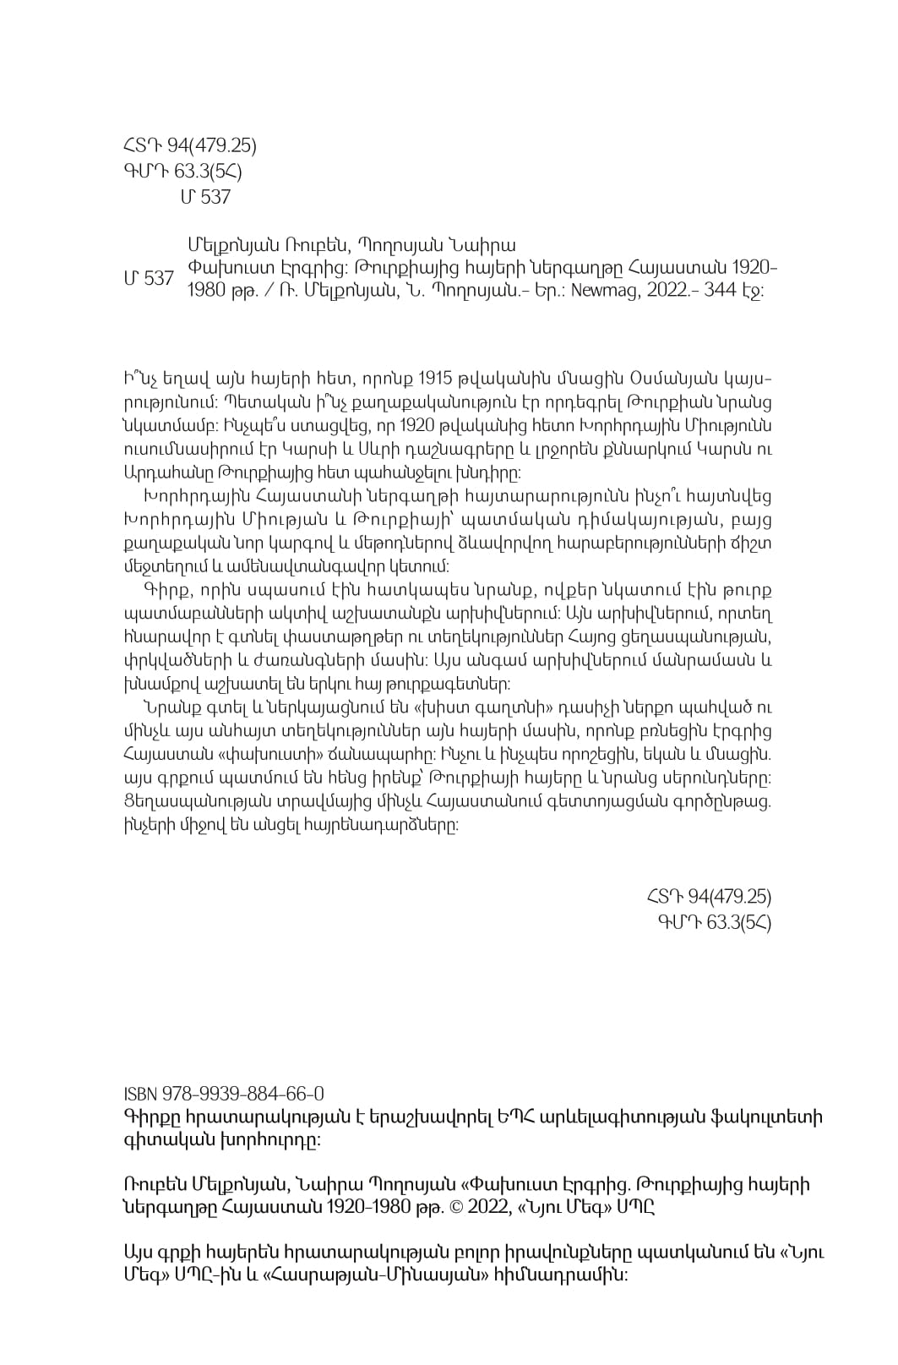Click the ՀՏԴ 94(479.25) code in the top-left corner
(x=190, y=145)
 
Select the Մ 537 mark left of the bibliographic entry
(x=149, y=278)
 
